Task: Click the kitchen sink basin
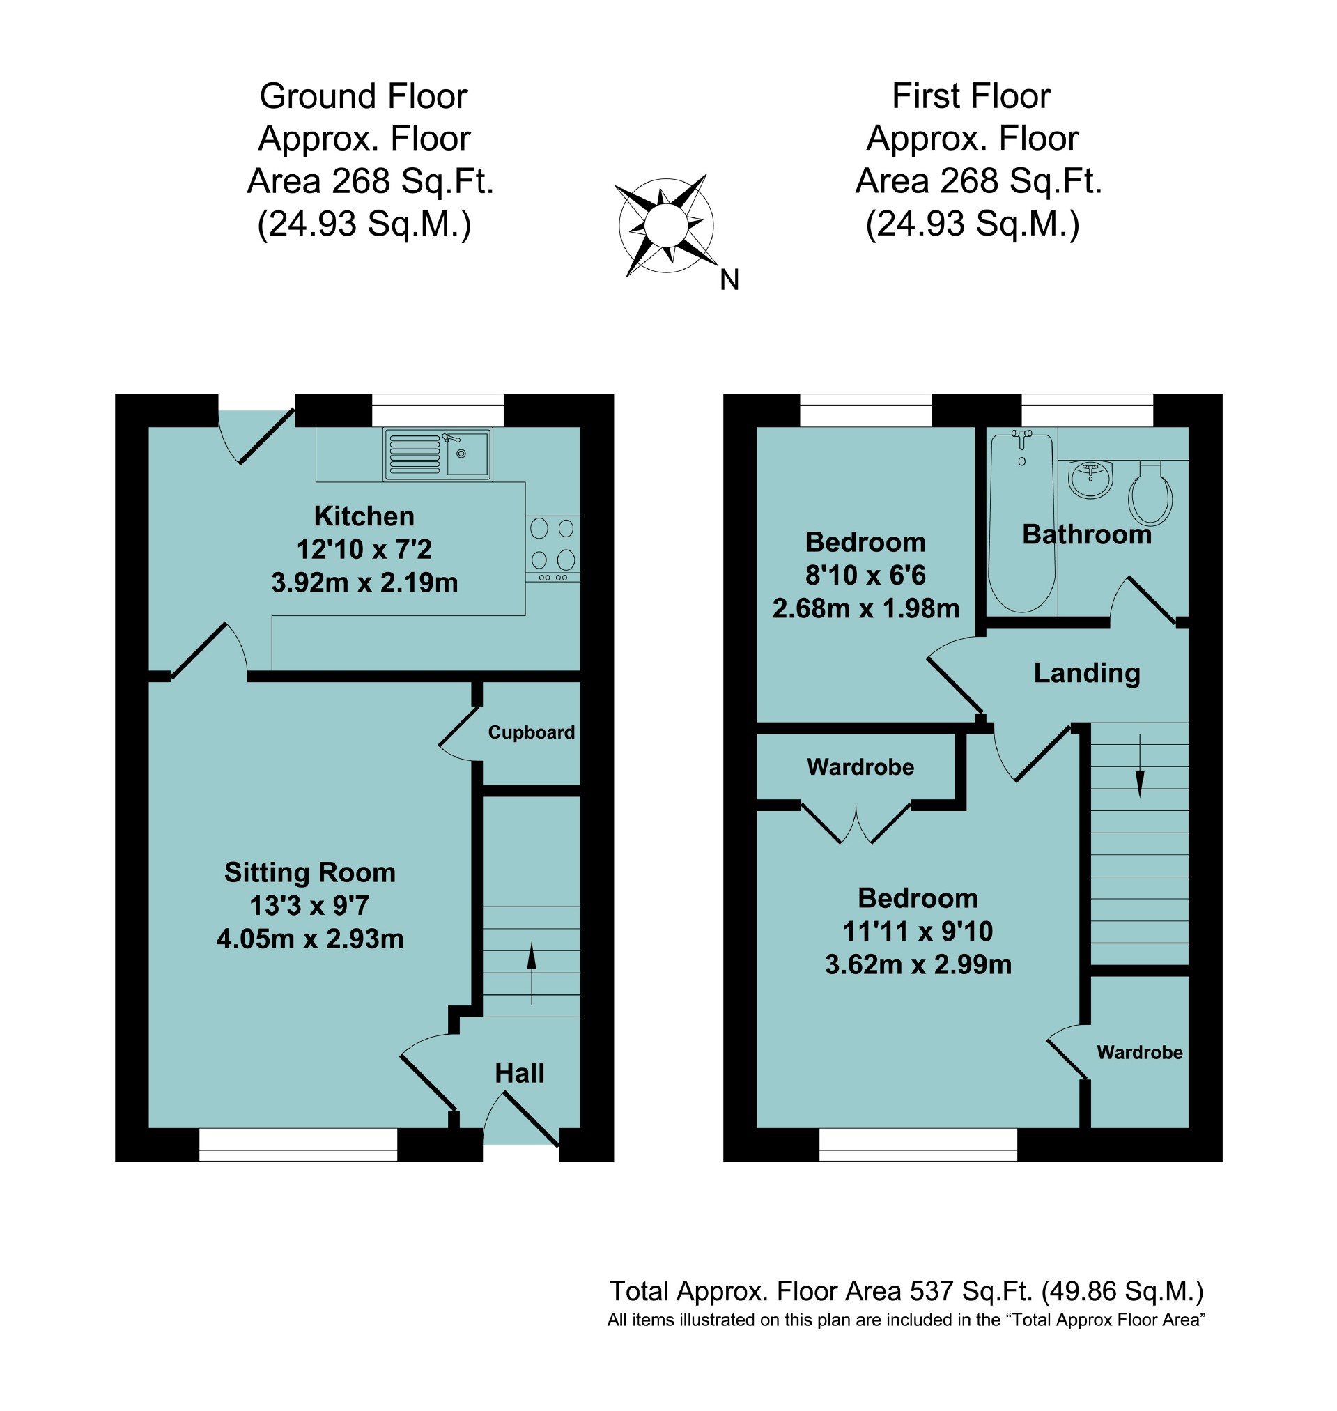click(467, 453)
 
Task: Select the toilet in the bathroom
click(1150, 494)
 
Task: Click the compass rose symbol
click(665, 224)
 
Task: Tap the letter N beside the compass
click(729, 280)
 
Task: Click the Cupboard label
click(531, 732)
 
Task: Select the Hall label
click(520, 1073)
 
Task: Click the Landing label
click(1087, 672)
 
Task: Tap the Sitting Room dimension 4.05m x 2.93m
click(310, 939)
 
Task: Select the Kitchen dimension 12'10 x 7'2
click(364, 550)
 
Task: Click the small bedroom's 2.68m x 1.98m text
click(866, 608)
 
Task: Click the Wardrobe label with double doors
click(860, 766)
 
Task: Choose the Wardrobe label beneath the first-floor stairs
click(1140, 1053)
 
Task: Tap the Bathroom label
click(1087, 534)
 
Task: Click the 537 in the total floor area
click(932, 1291)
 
